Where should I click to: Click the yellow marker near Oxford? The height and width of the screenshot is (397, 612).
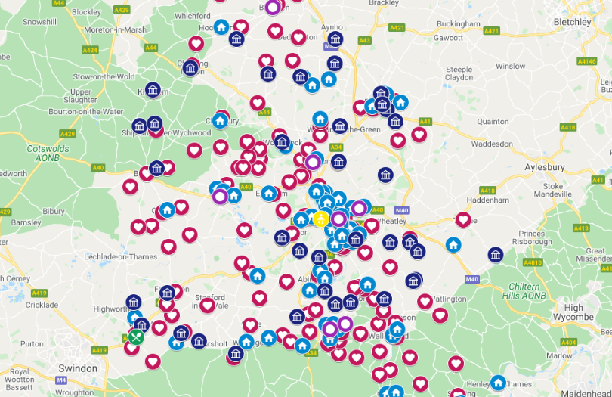[x=320, y=219]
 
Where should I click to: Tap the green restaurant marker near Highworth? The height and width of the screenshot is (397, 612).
[x=136, y=337]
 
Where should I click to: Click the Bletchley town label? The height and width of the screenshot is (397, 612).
[x=572, y=22]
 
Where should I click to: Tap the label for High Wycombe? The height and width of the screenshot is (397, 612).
[x=574, y=312]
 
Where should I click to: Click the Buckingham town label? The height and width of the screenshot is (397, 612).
[x=459, y=23]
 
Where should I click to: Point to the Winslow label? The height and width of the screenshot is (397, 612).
[x=510, y=66]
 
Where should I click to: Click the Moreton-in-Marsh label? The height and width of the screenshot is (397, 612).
[x=114, y=29]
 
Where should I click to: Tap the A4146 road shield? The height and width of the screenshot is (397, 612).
[x=587, y=60]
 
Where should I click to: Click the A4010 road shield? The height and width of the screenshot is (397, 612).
[x=533, y=262]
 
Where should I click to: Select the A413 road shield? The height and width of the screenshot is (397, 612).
[x=581, y=228]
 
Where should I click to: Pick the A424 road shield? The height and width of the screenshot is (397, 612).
[x=90, y=50]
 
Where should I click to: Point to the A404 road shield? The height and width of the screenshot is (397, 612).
[x=569, y=343]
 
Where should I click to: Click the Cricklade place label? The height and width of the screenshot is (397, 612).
[x=41, y=304]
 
